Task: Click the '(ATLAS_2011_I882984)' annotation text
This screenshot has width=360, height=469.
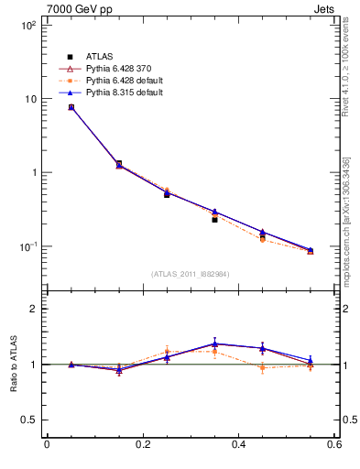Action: point(190,274)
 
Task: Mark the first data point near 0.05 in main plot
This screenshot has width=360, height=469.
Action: point(71,107)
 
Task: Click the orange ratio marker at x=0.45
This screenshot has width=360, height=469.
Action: point(262,367)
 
